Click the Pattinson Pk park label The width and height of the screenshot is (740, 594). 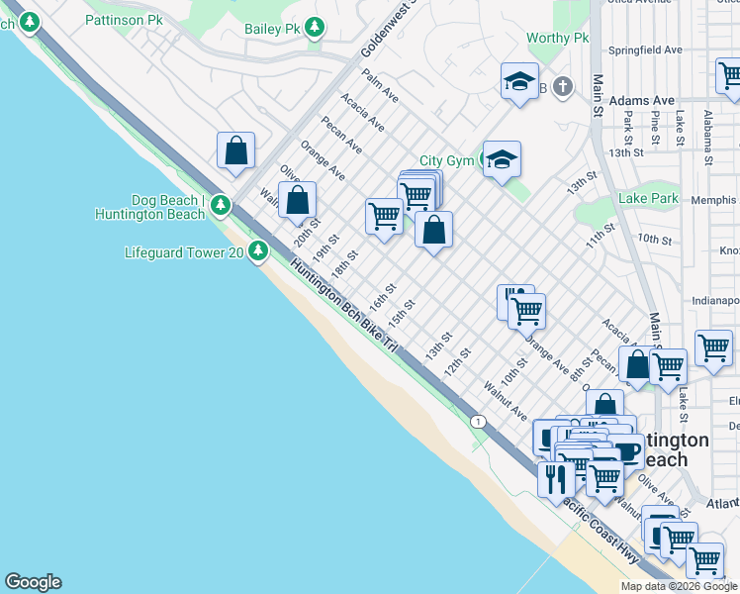click(124, 19)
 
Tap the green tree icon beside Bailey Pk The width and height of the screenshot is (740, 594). click(315, 28)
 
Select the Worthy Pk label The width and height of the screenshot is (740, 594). click(557, 39)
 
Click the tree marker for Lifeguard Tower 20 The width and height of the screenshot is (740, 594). click(258, 251)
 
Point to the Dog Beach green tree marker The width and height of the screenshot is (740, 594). click(220, 206)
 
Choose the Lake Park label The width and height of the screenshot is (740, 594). click(648, 198)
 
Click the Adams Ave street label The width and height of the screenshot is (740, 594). click(641, 101)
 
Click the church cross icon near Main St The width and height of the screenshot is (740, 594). click(563, 87)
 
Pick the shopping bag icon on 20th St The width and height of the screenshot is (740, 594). click(297, 200)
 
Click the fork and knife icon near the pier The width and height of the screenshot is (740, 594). click(556, 479)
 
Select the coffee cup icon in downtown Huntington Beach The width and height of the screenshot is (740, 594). click(626, 450)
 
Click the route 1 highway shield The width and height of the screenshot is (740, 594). click(479, 422)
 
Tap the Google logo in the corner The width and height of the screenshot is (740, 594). click(33, 582)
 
